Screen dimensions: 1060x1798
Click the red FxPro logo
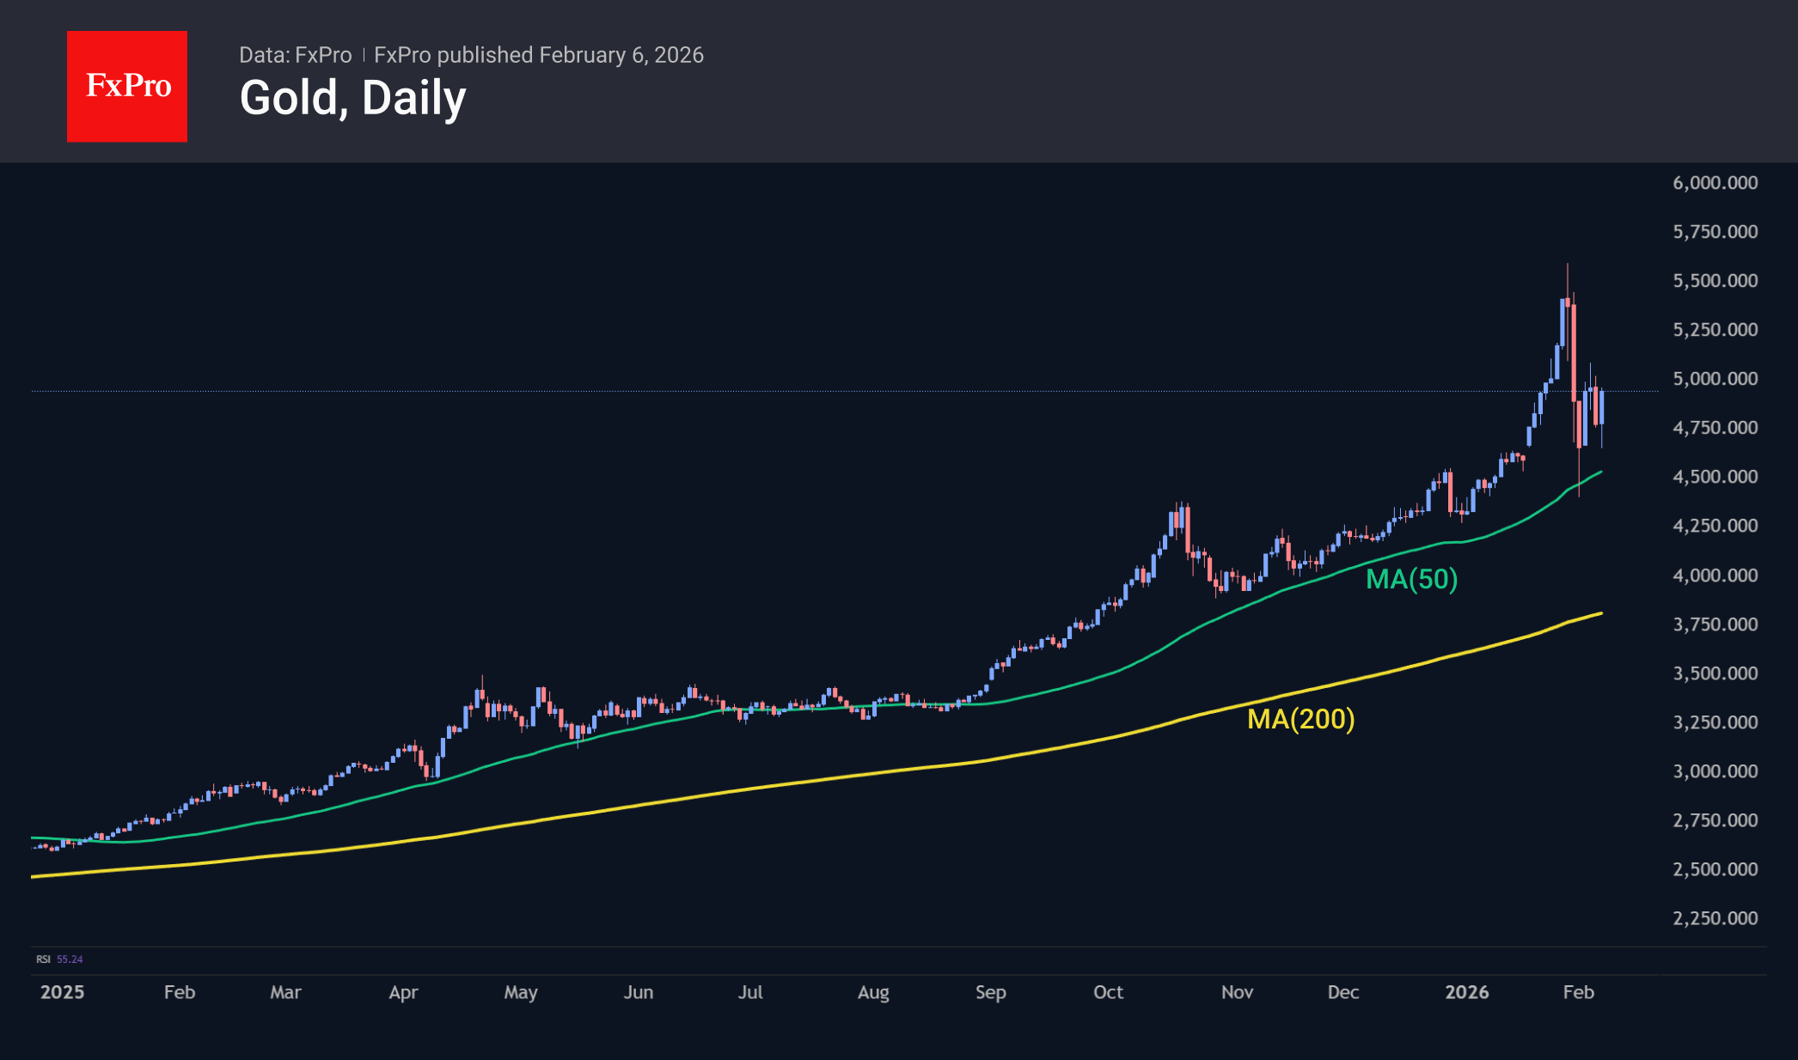(127, 86)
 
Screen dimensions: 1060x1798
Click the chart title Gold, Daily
(352, 98)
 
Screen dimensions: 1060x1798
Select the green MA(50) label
(1411, 579)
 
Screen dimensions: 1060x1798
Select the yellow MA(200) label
(1300, 718)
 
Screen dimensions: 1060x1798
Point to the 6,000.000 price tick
(1715, 182)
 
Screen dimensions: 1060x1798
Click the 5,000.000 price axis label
(1715, 379)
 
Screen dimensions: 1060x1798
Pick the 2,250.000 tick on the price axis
(1715, 918)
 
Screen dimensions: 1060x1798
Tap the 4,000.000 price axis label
(1715, 575)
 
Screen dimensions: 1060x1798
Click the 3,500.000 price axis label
(1715, 673)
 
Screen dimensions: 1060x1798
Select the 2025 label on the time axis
(62, 992)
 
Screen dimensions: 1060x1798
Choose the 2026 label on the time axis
(1466, 992)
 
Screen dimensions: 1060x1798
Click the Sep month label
(990, 992)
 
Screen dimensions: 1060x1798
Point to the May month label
(520, 992)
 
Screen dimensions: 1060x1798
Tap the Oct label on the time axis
(1108, 992)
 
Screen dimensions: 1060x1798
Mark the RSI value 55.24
(70, 959)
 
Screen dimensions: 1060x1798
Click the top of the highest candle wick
(1567, 265)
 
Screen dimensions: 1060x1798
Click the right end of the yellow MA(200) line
(1601, 613)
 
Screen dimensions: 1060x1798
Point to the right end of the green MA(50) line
(1601, 472)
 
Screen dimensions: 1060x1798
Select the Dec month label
(1342, 992)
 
